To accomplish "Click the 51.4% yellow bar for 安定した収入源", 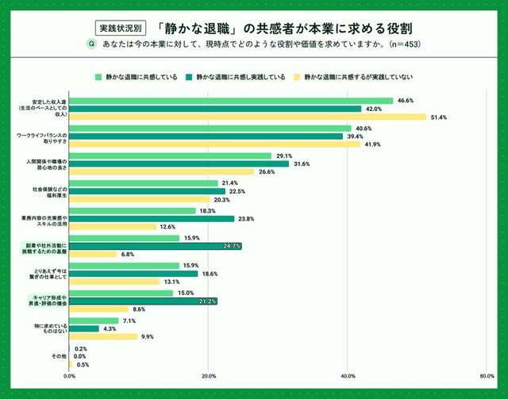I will click(x=248, y=117).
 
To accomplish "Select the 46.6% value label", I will click(x=406, y=101).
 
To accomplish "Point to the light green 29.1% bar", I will click(x=171, y=155).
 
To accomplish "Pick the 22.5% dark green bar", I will click(x=148, y=191).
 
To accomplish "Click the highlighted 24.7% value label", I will click(x=233, y=247).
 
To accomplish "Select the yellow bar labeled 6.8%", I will click(x=93, y=255).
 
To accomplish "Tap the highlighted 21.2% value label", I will click(x=208, y=301).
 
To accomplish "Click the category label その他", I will click(x=59, y=357).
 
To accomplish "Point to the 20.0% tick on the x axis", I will click(x=208, y=376).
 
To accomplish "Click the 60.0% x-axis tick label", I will click(x=486, y=376).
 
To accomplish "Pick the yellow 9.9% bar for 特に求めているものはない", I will click(x=103, y=336).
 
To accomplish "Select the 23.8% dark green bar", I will click(x=152, y=219).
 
